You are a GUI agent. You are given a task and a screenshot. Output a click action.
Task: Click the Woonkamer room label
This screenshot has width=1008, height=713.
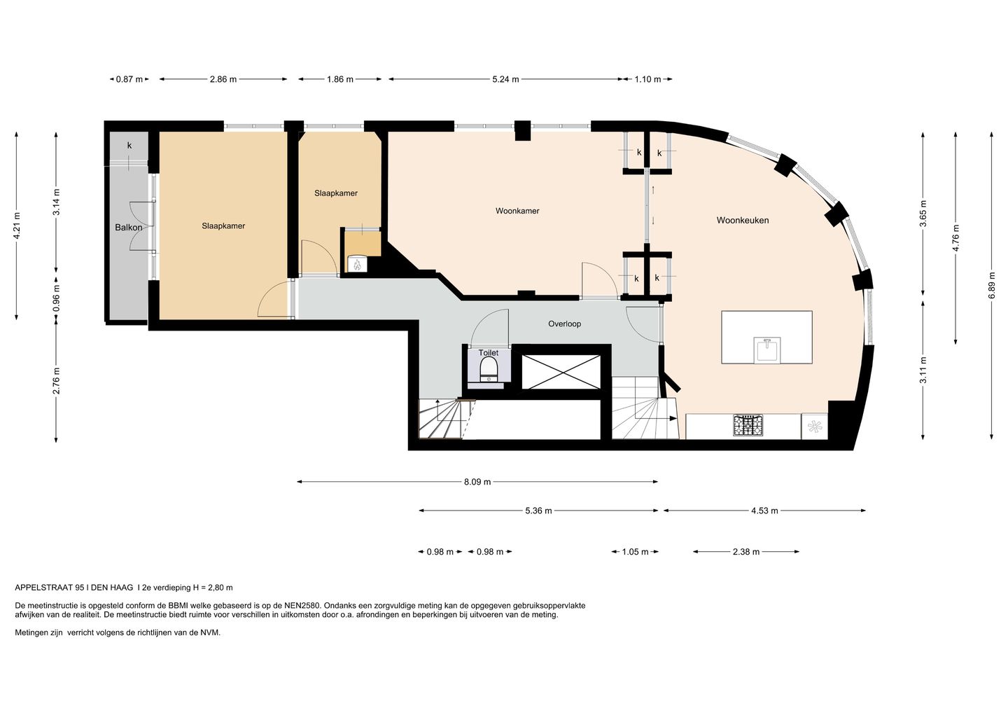pyautogui.click(x=517, y=211)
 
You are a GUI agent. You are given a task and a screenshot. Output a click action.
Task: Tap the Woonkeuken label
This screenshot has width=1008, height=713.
pyautogui.click(x=743, y=220)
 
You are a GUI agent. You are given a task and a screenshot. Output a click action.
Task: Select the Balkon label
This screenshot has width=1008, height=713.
pyautogui.click(x=128, y=228)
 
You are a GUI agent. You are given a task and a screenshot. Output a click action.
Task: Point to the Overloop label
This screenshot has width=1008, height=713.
pyautogui.click(x=564, y=324)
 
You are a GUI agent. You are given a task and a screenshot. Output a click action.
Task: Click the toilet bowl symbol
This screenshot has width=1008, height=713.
pyautogui.click(x=489, y=370)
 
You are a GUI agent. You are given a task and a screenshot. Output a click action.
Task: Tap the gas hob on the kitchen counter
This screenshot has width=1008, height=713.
pyautogui.click(x=748, y=425)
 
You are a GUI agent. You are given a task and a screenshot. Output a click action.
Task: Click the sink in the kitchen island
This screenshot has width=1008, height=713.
pyautogui.click(x=767, y=350)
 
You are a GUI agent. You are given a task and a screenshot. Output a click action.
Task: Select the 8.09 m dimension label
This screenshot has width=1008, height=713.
pyautogui.click(x=477, y=482)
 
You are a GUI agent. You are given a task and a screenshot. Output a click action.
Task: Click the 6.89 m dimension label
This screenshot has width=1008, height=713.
pyautogui.click(x=991, y=285)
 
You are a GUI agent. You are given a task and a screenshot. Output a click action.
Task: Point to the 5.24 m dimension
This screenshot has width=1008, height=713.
pyautogui.click(x=505, y=79)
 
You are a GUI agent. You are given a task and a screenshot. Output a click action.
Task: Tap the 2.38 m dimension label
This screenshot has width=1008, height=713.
pyautogui.click(x=746, y=551)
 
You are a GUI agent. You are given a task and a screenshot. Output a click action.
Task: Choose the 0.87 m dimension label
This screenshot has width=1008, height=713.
pyautogui.click(x=129, y=79)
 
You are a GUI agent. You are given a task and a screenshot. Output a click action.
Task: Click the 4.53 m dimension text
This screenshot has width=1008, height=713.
pyautogui.click(x=764, y=511)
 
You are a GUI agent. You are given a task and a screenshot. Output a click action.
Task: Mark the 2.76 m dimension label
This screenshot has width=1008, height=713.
pyautogui.click(x=56, y=381)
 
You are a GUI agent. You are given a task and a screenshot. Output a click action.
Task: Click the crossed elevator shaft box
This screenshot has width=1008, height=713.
pyautogui.click(x=561, y=372)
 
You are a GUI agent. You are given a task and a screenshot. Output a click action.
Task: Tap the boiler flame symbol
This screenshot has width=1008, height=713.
pyautogui.click(x=358, y=264)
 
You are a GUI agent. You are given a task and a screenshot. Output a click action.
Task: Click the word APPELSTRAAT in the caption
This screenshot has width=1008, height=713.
pyautogui.click(x=44, y=588)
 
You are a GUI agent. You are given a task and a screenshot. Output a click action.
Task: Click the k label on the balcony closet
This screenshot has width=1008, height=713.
pyautogui.click(x=129, y=145)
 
